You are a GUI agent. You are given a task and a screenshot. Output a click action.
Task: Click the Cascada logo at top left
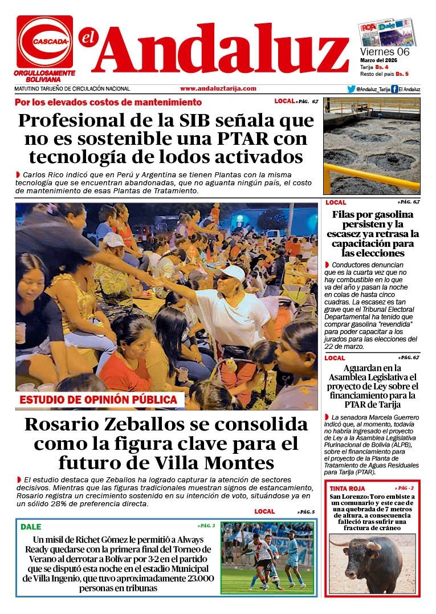[44, 42]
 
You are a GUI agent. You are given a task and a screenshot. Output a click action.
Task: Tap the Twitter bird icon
[351, 89]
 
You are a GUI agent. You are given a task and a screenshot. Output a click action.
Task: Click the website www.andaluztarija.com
[218, 89]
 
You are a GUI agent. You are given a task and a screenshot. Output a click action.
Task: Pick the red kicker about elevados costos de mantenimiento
[108, 103]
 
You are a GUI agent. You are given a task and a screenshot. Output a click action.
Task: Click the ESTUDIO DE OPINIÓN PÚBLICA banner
[99, 400]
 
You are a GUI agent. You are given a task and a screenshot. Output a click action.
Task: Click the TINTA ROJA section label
[347, 489]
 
